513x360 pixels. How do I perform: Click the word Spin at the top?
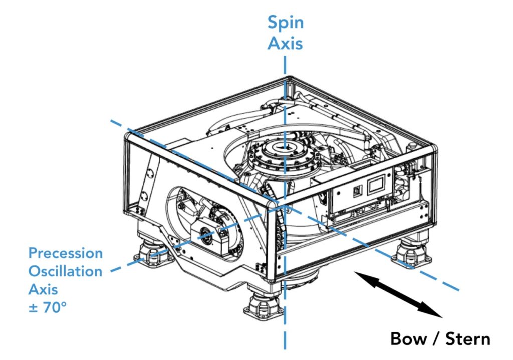click(285, 23)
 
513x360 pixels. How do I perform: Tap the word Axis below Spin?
click(285, 43)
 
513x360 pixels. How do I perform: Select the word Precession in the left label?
click(66, 253)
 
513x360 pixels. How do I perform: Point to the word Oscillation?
click(65, 271)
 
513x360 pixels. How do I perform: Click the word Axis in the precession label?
click(43, 289)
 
